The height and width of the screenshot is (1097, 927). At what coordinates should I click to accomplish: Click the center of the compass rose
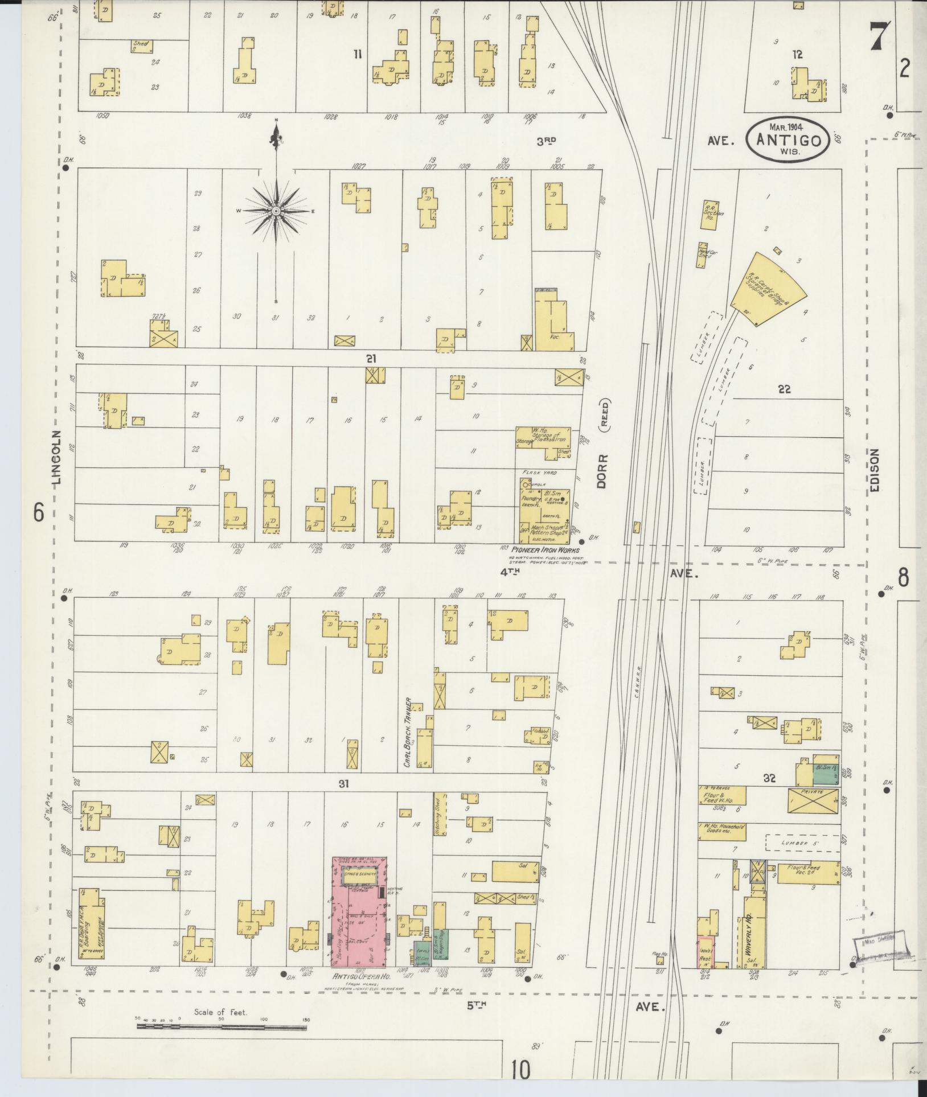(x=276, y=211)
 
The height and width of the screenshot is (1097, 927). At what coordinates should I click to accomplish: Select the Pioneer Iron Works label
(x=545, y=550)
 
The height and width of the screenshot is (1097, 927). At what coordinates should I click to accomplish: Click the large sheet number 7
(x=879, y=38)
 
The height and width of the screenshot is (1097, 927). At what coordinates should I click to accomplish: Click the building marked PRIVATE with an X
(x=813, y=800)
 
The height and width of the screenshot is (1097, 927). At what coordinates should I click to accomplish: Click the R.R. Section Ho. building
(x=708, y=215)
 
